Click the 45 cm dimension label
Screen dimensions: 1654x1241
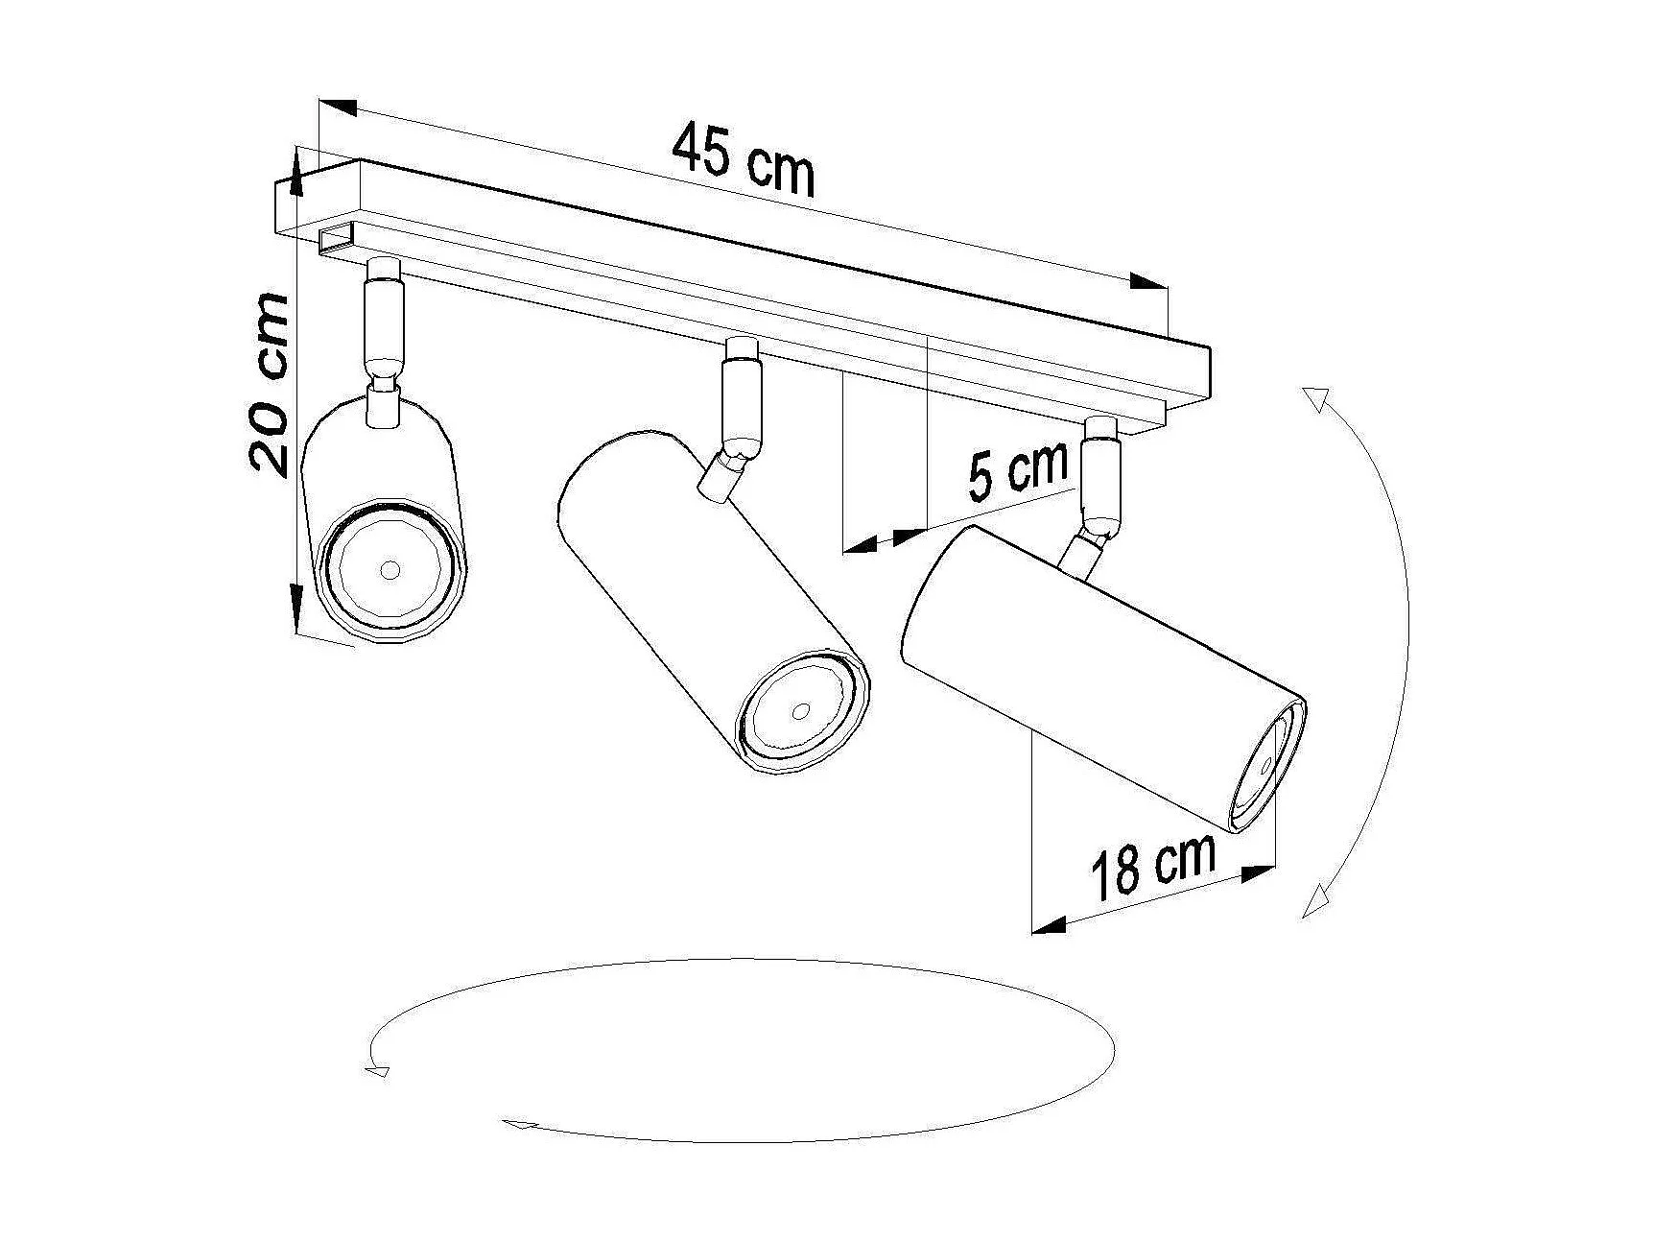[x=744, y=159]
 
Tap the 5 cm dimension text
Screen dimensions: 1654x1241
[x=1017, y=470]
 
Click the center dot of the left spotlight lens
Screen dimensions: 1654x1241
[x=389, y=570]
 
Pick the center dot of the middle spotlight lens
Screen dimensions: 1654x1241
[x=800, y=711]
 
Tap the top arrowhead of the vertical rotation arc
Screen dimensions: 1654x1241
[x=1315, y=399]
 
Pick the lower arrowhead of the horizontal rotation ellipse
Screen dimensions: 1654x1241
[x=519, y=1125]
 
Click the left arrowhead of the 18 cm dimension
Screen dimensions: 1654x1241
[x=1049, y=925]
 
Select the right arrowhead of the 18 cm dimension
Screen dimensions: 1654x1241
[x=1259, y=871]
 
